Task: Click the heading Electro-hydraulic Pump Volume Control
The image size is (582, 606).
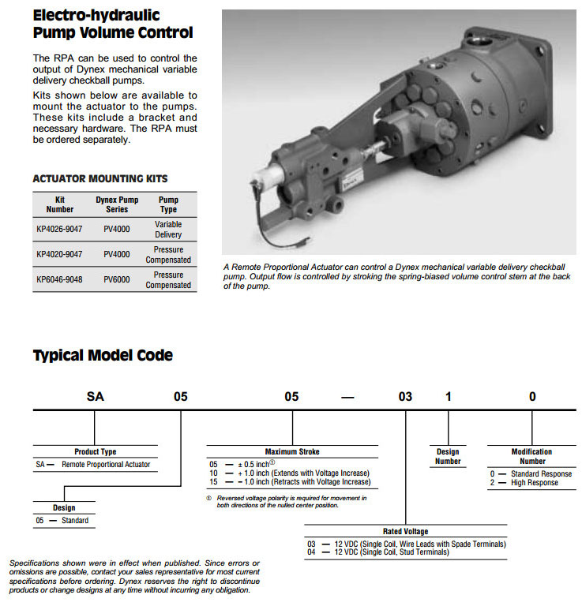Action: (x=112, y=24)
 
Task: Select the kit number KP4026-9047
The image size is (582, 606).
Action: (x=60, y=230)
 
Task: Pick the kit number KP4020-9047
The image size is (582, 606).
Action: (x=60, y=255)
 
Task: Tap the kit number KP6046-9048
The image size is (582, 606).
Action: (x=60, y=280)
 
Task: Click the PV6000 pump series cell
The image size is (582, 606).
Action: (x=117, y=280)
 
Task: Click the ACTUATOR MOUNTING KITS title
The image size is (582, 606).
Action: (x=100, y=179)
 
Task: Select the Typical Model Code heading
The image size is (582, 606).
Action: (x=103, y=356)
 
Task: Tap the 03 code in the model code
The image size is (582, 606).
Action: (x=405, y=397)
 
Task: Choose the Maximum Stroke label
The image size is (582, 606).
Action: (x=292, y=452)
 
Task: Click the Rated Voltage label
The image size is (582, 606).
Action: (x=406, y=532)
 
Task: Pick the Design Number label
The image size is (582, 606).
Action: (x=448, y=457)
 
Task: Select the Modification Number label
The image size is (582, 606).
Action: (x=532, y=457)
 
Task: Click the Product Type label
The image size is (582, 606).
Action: (x=96, y=452)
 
